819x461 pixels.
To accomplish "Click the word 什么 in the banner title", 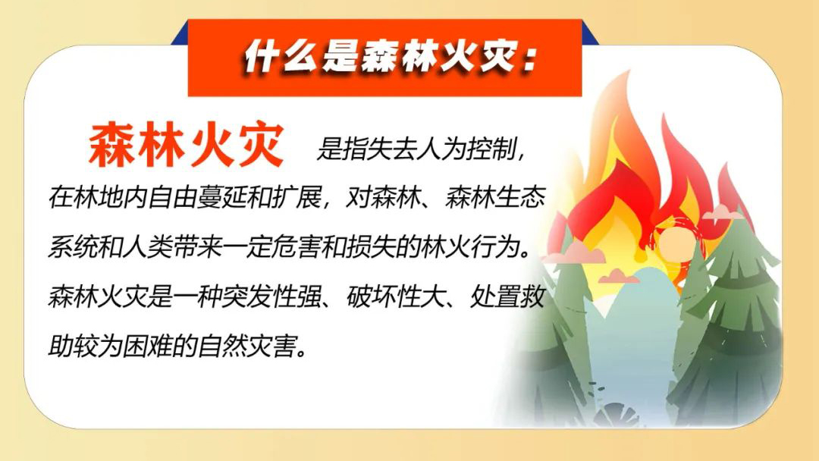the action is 280,55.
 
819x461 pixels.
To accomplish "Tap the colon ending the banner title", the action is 529,58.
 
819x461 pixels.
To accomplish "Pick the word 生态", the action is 521,198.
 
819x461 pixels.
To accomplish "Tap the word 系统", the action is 73,247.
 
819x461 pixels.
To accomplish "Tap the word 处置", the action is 496,296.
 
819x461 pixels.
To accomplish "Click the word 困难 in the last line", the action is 148,347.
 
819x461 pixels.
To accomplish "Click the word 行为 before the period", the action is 496,247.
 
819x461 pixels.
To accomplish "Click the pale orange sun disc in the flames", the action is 676,243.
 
